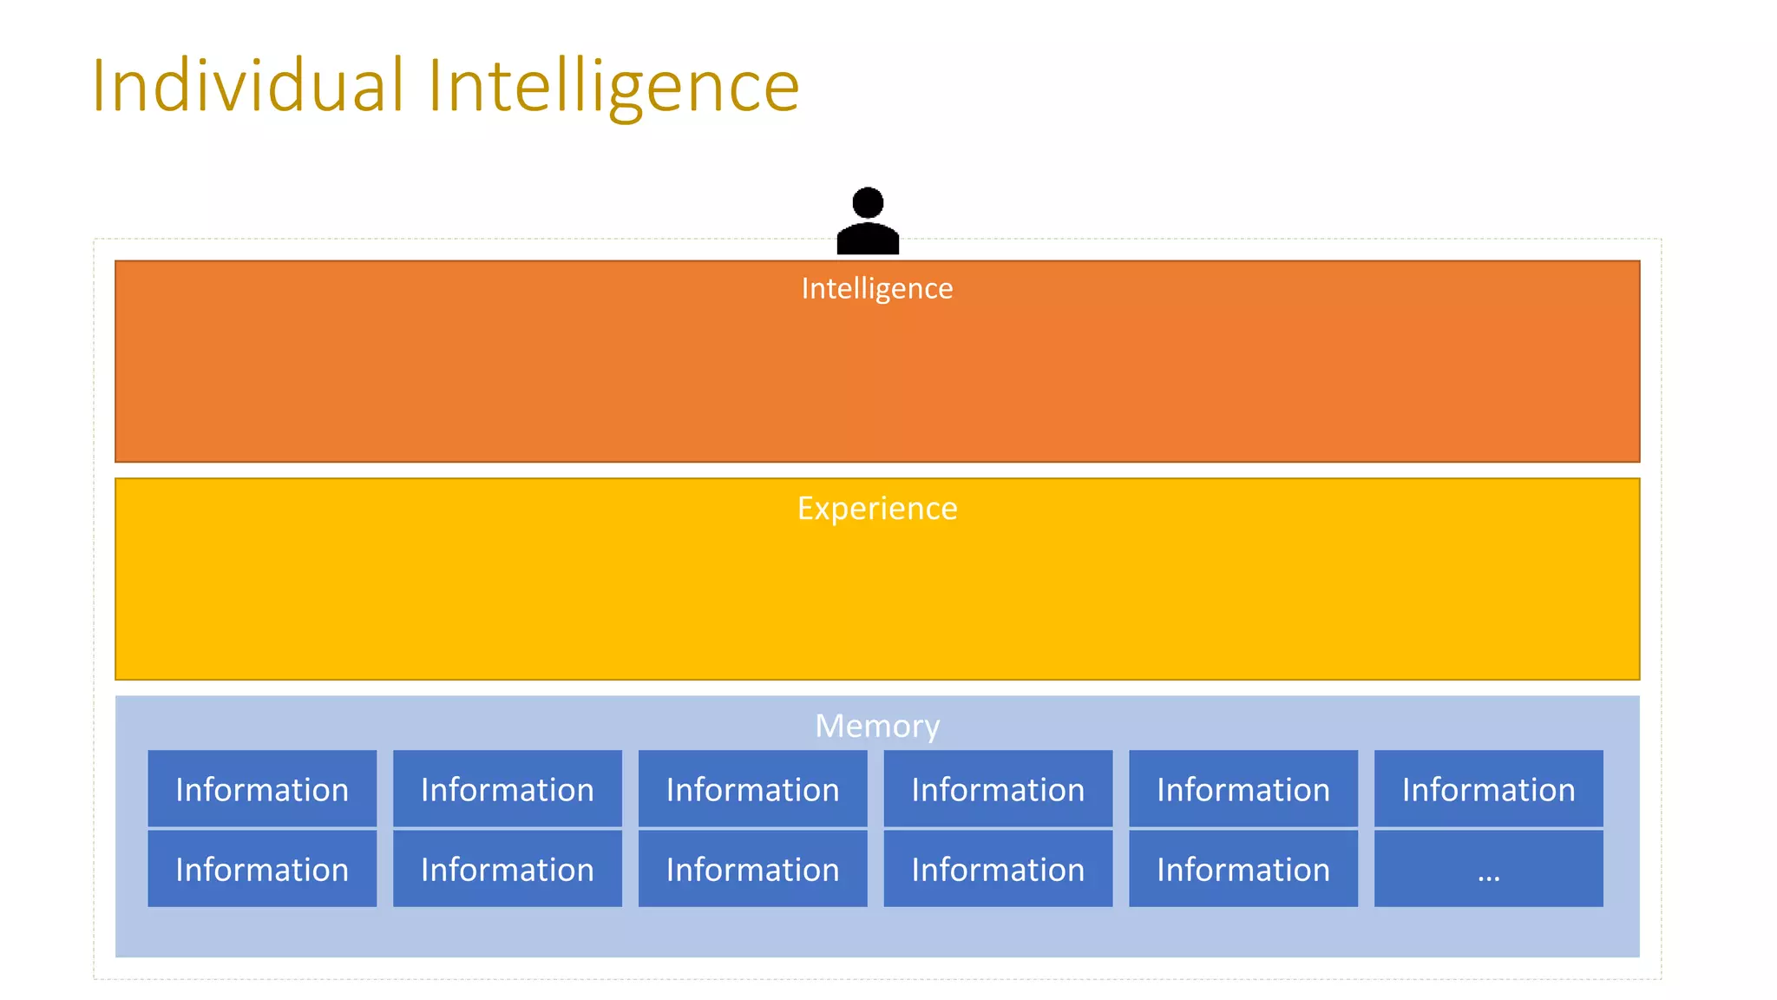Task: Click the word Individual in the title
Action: pyautogui.click(x=248, y=85)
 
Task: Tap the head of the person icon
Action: pyautogui.click(x=868, y=203)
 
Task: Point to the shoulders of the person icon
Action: pyautogui.click(x=868, y=238)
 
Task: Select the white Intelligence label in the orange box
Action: pyautogui.click(x=876, y=288)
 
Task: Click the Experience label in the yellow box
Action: pyautogui.click(x=876, y=508)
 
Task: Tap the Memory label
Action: pyautogui.click(x=876, y=726)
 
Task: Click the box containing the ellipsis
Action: pyautogui.click(x=1488, y=869)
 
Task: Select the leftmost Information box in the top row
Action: pyautogui.click(x=262, y=789)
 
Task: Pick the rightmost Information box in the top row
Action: pyautogui.click(x=1488, y=789)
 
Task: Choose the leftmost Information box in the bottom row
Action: pyautogui.click(x=262, y=869)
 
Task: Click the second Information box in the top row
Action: pyautogui.click(x=508, y=789)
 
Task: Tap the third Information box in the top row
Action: pyautogui.click(x=752, y=789)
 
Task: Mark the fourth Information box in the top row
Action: pyautogui.click(x=998, y=789)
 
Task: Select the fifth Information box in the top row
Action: pyautogui.click(x=1243, y=789)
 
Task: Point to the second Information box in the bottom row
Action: pyautogui.click(x=508, y=869)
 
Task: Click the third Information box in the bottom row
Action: pyautogui.click(x=752, y=869)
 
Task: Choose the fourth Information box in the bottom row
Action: pyautogui.click(x=998, y=869)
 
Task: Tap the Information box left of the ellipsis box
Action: pyautogui.click(x=1243, y=869)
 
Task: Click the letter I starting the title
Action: pyautogui.click(x=99, y=85)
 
